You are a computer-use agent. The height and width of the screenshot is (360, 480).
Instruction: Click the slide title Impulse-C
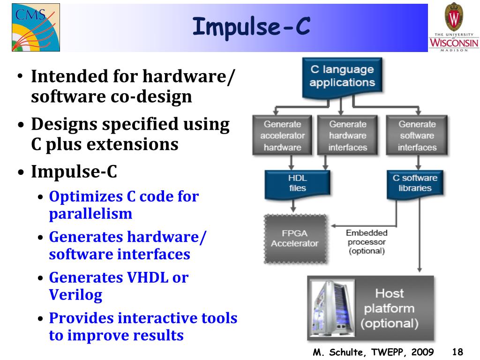coord(251,27)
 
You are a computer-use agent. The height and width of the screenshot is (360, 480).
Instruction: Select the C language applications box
coord(342,76)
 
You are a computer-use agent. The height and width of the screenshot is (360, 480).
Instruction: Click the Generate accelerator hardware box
coord(282,135)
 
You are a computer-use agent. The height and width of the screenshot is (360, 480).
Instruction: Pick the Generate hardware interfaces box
coord(347,135)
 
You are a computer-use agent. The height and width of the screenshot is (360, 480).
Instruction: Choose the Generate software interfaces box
coord(417,135)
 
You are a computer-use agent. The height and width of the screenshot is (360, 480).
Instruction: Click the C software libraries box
coord(415,183)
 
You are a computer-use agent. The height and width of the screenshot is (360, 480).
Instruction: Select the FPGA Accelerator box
coord(294,239)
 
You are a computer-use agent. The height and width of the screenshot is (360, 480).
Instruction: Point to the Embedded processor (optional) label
coord(367,242)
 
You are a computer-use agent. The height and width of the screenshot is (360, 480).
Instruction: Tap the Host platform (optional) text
coord(389,308)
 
